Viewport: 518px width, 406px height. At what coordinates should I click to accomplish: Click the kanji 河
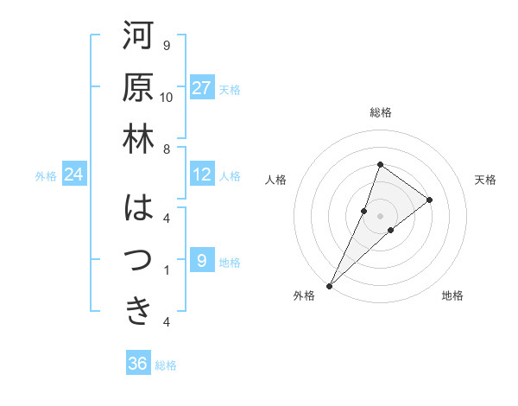pos(137,36)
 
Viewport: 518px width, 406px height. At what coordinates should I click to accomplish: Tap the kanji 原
pos(137,88)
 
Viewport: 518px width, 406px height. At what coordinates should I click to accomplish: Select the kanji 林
pos(137,140)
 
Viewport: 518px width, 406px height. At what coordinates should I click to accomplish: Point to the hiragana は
pos(137,208)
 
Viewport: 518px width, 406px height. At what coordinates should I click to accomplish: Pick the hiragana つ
pos(137,259)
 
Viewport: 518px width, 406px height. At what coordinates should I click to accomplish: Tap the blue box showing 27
pos(202,88)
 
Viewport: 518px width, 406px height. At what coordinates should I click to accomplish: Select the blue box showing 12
pos(202,175)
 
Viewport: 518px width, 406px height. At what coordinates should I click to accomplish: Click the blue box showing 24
pos(74,175)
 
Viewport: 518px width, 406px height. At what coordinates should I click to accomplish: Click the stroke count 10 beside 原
pos(167,97)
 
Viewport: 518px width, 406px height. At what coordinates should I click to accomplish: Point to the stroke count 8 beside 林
pos(167,149)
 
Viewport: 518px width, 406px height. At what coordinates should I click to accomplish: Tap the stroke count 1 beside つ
pos(167,270)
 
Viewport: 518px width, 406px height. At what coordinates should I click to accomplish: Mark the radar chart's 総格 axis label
pos(381,112)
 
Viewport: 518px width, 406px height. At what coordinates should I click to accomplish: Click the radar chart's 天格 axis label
pos(486,180)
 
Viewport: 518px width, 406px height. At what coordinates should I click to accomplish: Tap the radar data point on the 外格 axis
pos(329,285)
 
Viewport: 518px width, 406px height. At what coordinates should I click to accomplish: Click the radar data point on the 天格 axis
pos(429,200)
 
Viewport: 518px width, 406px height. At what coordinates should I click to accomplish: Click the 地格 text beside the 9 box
pos(231,262)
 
